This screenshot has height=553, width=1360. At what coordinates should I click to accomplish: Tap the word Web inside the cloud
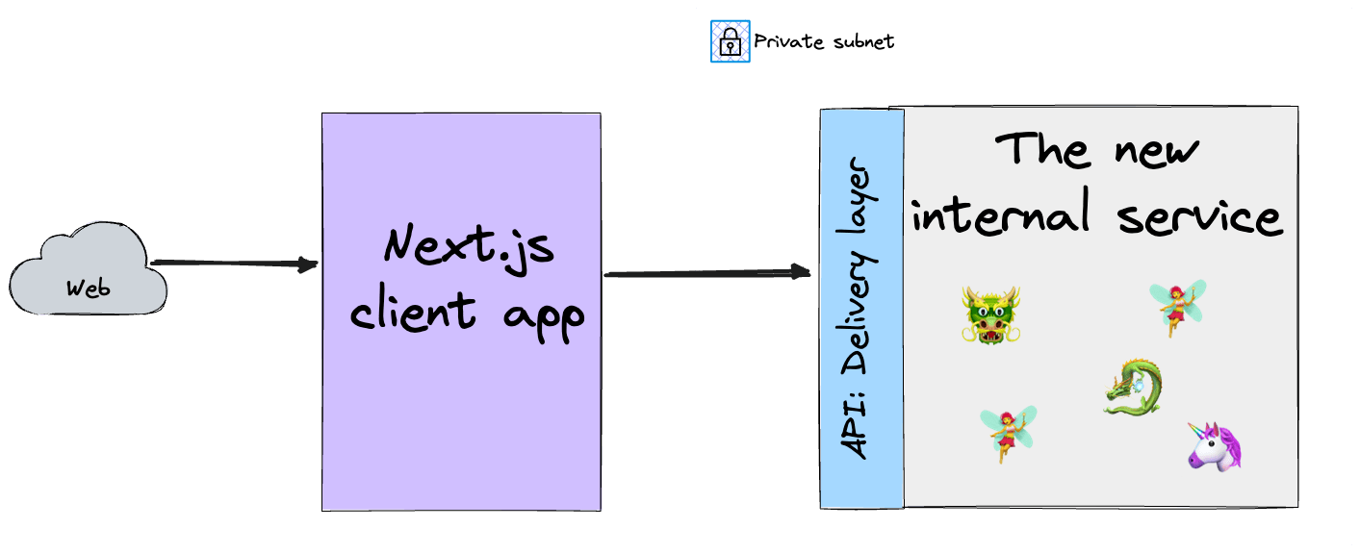(x=89, y=288)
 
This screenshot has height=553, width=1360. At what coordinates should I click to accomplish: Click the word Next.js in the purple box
(x=469, y=248)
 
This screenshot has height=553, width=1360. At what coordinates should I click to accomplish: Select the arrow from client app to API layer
(x=707, y=274)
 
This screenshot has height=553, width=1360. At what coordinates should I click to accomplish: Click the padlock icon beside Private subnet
(x=730, y=41)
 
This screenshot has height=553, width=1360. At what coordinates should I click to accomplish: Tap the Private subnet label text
(x=823, y=41)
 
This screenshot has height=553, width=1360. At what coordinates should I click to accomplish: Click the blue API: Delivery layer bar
(x=861, y=308)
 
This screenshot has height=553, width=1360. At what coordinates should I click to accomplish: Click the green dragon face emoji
(x=990, y=314)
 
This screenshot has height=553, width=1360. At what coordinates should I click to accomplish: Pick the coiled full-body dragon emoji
(x=1133, y=387)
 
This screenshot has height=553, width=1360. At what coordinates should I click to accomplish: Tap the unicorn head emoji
(x=1214, y=446)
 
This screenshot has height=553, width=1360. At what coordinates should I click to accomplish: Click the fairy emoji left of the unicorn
(x=1007, y=432)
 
